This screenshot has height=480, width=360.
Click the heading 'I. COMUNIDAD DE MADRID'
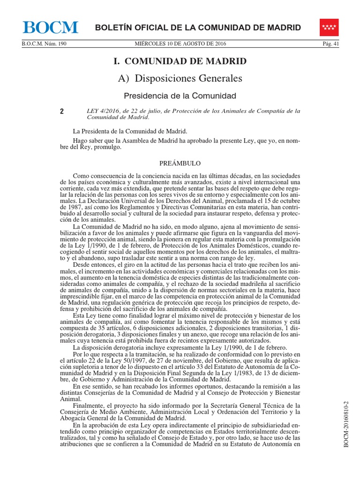180,61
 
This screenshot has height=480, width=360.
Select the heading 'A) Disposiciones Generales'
180,78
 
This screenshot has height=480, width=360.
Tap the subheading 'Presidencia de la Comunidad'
180,96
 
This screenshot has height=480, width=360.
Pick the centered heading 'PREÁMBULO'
180,163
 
